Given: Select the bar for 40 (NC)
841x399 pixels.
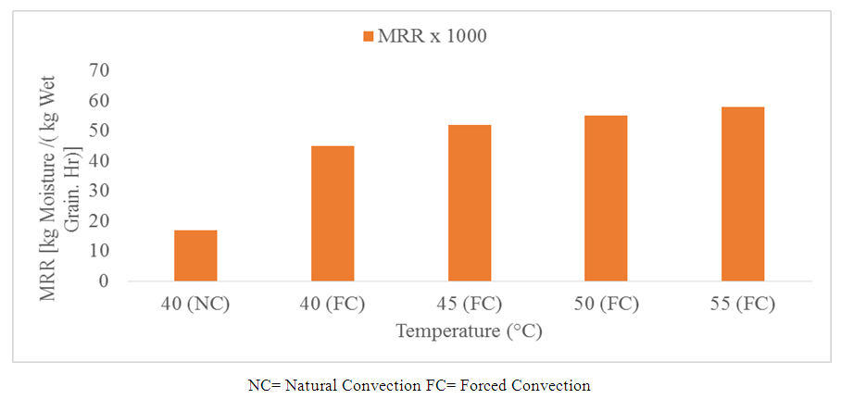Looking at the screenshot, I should (x=195, y=256).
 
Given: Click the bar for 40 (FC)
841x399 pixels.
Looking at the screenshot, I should (x=333, y=213).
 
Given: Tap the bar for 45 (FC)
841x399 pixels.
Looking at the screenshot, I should (x=470, y=203).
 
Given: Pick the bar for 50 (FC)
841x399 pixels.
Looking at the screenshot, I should (x=606, y=198).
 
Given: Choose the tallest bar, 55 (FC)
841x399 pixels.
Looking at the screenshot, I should (x=743, y=193).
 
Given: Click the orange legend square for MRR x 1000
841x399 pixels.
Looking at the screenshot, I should (x=368, y=36).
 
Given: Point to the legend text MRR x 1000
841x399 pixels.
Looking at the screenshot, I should (x=433, y=36).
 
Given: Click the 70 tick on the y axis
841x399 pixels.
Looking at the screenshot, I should (x=98, y=70).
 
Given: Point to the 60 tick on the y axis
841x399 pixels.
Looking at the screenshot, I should (x=98, y=100).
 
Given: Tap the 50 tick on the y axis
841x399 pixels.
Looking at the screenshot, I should (x=98, y=131).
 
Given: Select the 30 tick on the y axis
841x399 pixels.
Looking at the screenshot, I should (x=98, y=191).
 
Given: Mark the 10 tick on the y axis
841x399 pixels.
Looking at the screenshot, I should (x=98, y=251).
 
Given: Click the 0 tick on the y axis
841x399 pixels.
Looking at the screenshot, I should (x=103, y=281).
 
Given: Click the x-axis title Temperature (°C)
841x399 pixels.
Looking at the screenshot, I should (x=470, y=330).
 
